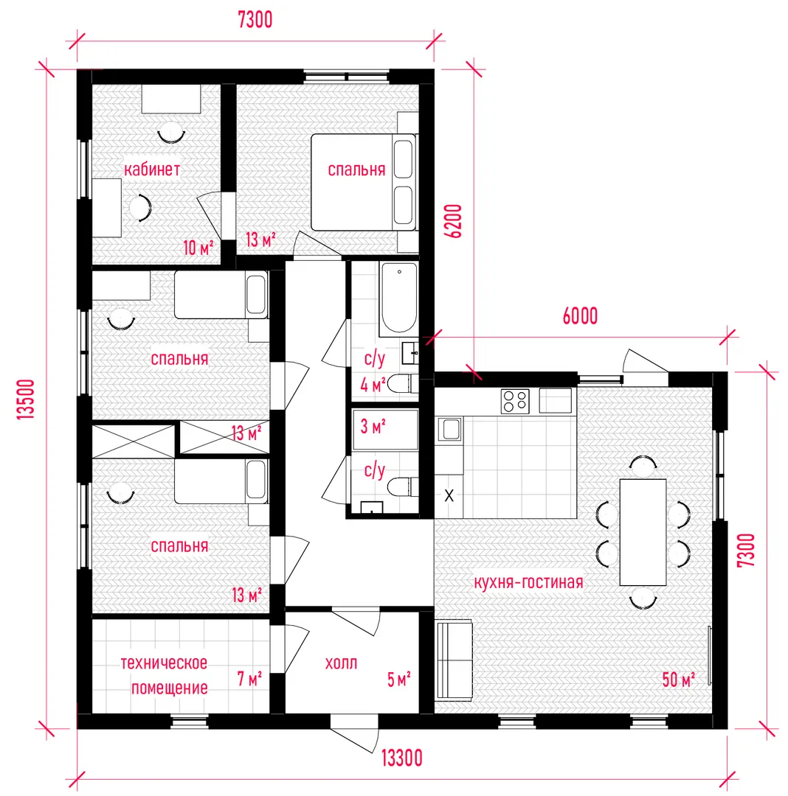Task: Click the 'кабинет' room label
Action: click(x=152, y=169)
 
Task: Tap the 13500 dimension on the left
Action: click(x=26, y=399)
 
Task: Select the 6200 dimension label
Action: click(x=453, y=221)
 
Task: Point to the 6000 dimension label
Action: click(x=580, y=315)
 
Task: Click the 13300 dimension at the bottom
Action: click(x=402, y=758)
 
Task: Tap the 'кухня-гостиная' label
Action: click(x=528, y=582)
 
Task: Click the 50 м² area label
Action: click(x=678, y=680)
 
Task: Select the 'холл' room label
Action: click(x=341, y=663)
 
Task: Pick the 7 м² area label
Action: click(x=249, y=679)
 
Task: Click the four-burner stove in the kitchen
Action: click(x=515, y=401)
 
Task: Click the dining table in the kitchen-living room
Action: click(x=643, y=532)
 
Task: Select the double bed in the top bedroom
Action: click(x=364, y=182)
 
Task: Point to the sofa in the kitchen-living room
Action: click(x=455, y=660)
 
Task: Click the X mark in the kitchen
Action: click(x=449, y=495)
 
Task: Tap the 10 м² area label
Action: click(x=198, y=248)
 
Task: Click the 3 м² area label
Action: click(x=373, y=427)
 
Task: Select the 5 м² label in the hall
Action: click(x=398, y=680)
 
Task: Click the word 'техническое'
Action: click(x=164, y=663)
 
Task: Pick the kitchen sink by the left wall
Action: click(x=449, y=430)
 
